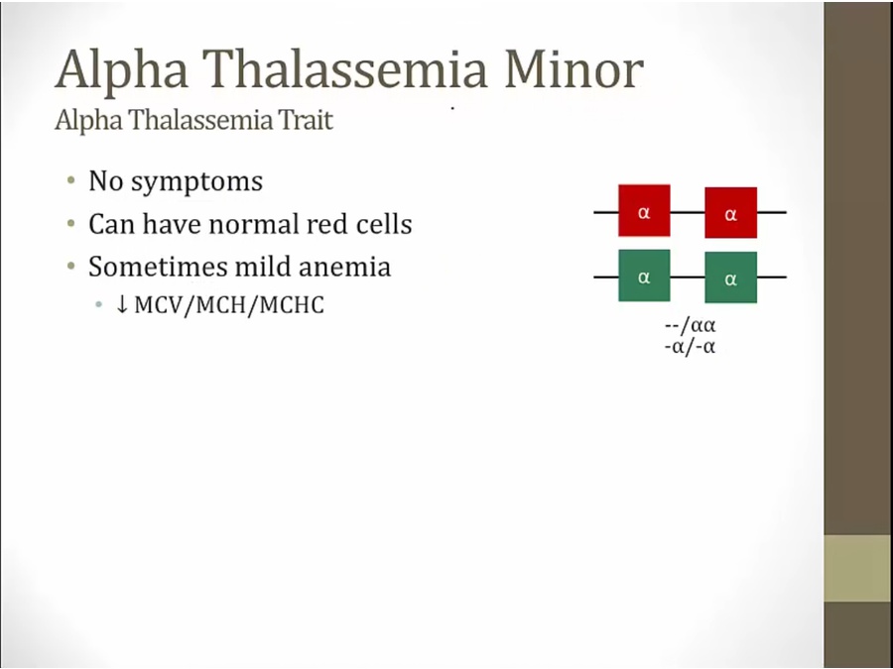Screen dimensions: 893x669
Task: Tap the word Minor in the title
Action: point(574,69)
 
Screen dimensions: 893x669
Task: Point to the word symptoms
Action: point(197,182)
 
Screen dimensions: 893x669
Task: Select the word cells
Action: point(383,224)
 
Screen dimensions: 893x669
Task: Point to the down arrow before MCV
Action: point(121,304)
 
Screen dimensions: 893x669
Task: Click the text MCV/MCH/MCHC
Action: point(229,305)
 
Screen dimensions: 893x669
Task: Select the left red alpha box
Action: point(644,210)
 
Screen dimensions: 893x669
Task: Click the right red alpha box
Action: point(730,212)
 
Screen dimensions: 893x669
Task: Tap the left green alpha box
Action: point(644,276)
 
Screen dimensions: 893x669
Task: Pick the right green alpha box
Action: point(730,278)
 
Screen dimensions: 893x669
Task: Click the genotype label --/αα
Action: point(690,325)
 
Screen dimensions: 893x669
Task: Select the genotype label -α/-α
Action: point(690,347)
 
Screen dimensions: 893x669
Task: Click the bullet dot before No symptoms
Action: point(70,181)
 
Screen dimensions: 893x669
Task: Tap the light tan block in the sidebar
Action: point(858,568)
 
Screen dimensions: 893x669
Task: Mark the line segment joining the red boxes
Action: point(688,212)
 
